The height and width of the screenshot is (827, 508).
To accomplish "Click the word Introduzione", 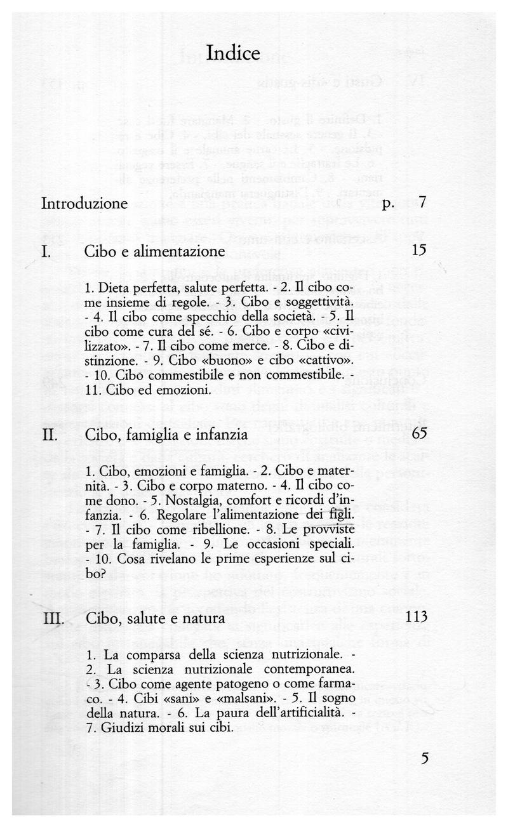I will tap(84, 204).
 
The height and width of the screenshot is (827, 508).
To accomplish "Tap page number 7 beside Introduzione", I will tap(422, 204).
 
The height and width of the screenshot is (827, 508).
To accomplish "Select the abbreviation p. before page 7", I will tap(389, 205).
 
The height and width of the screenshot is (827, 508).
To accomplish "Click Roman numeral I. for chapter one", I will tap(46, 251).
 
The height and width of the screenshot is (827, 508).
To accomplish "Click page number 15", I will tap(418, 251).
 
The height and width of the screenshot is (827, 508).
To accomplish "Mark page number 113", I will tap(415, 617).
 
